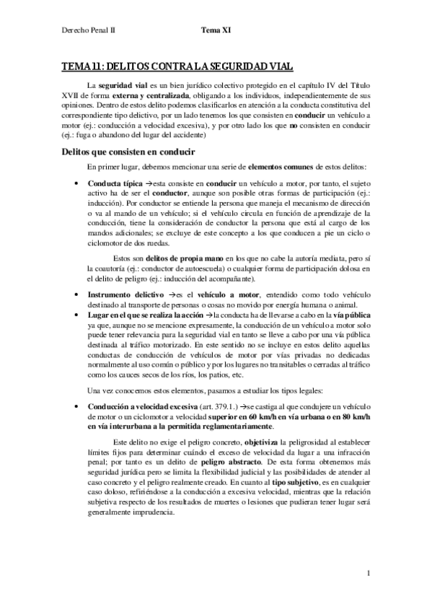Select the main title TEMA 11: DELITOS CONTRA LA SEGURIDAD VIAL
[x=178, y=67]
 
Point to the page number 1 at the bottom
[x=368, y=574]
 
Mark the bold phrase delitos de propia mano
[x=176, y=259]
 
